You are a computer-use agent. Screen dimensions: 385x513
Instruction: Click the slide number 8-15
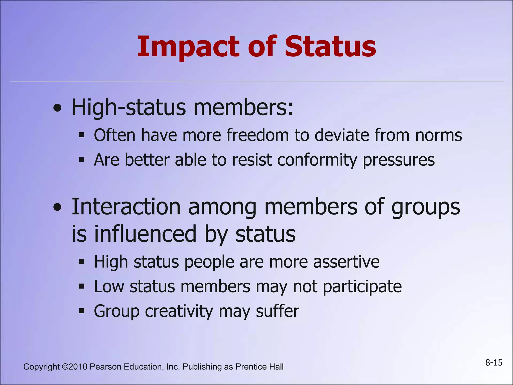click(x=494, y=363)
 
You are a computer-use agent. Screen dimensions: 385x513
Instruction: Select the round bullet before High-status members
click(x=58, y=108)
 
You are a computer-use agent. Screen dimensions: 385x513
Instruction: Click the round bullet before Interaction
click(x=58, y=207)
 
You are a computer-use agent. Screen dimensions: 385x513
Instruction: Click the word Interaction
click(x=126, y=207)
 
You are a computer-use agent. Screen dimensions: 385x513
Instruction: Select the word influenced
click(x=145, y=234)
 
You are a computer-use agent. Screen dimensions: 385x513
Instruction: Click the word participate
click(x=362, y=287)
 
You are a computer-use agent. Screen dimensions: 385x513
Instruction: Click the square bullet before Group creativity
click(x=82, y=311)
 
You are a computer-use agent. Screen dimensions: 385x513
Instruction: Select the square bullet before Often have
click(x=82, y=135)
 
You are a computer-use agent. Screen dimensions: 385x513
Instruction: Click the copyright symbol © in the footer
click(x=65, y=367)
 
